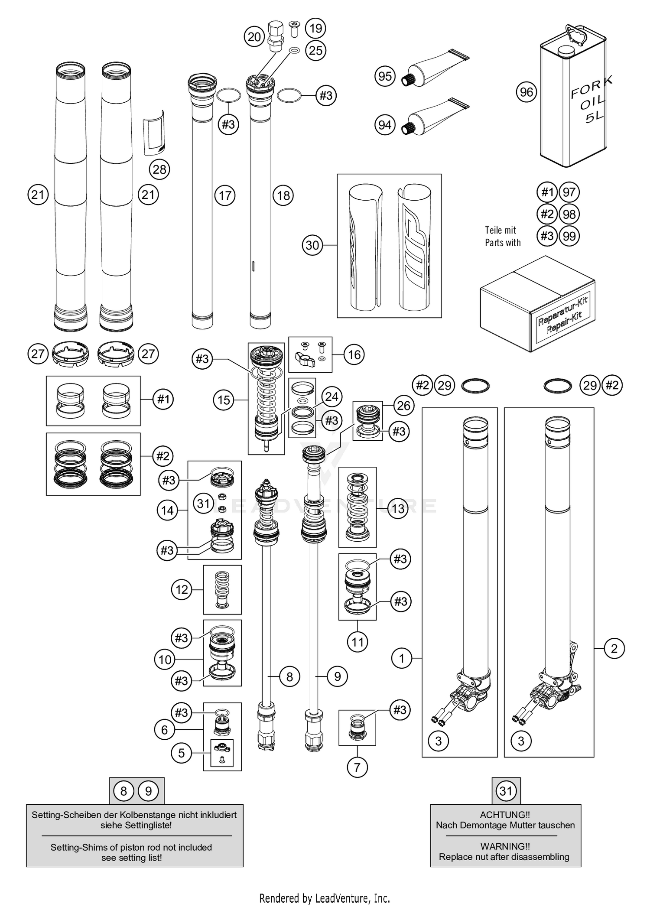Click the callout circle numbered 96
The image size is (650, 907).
click(x=526, y=92)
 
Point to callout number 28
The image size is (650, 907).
click(x=159, y=169)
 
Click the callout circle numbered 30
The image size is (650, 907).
click(x=312, y=245)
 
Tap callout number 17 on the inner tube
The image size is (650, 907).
click(x=225, y=196)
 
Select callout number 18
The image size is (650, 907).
click(x=283, y=195)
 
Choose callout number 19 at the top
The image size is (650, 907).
click(x=315, y=28)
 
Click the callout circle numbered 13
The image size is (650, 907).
click(x=398, y=508)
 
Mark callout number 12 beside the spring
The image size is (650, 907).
click(x=182, y=589)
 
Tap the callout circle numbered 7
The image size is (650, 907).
click(x=357, y=767)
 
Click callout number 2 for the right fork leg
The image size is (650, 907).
click(x=614, y=649)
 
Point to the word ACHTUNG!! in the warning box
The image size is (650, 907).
click(x=505, y=815)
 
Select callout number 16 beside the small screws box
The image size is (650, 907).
click(x=354, y=354)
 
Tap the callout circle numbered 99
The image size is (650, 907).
click(x=569, y=236)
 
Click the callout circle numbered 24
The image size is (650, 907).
click(x=331, y=397)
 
